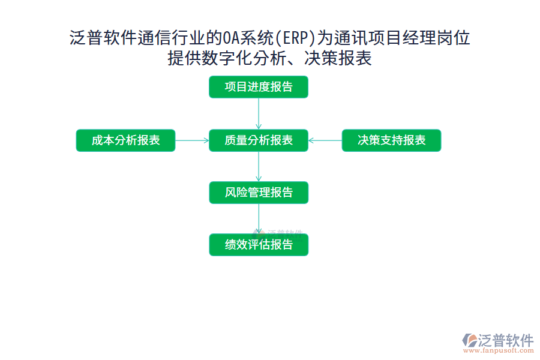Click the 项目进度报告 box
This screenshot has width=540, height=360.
pos(259,87)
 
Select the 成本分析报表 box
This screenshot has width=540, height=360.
pos(125,140)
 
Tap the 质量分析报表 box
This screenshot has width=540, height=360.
pos(259,140)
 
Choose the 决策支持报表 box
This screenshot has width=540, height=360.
pos(391,140)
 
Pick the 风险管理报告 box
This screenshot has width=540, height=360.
pos(259,193)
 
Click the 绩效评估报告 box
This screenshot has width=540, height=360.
pos(259,245)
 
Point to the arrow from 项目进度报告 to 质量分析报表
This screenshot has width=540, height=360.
pos(259,113)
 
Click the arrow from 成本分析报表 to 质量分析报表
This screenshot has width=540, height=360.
pos(192,140)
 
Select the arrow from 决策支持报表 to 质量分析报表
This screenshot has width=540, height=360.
pos(325,140)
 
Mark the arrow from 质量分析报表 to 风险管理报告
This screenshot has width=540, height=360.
pos(259,166)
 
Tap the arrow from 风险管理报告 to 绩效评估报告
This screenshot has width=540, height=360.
pos(259,218)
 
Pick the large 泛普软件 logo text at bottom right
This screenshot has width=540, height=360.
pos(505,340)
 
